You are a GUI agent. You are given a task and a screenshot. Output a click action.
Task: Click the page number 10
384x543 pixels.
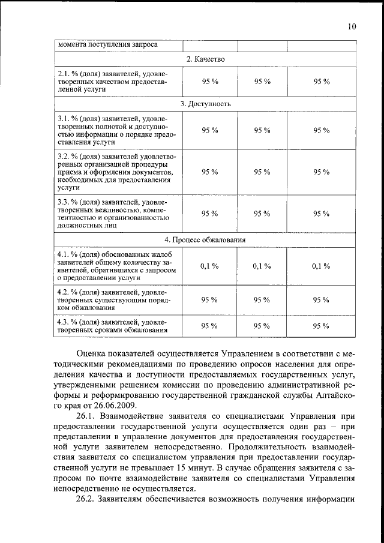pyautogui.click(x=352, y=26)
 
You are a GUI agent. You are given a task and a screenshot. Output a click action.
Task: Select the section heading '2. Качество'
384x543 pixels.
pyautogui.click(x=205, y=59)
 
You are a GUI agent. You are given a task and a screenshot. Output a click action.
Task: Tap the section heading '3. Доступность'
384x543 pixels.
pyautogui.click(x=205, y=104)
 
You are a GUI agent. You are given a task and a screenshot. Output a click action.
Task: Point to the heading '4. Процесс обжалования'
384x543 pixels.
pyautogui.click(x=205, y=240)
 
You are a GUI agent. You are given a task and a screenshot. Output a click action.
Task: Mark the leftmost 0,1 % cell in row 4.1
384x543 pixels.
pyautogui.click(x=209, y=266)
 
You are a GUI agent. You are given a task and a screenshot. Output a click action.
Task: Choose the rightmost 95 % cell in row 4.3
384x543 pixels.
pyautogui.click(x=322, y=326)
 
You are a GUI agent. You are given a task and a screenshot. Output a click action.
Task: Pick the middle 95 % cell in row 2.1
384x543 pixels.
pyautogui.click(x=262, y=81)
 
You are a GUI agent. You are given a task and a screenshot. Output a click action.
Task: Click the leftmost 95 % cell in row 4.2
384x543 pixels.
pyautogui.click(x=209, y=299)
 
